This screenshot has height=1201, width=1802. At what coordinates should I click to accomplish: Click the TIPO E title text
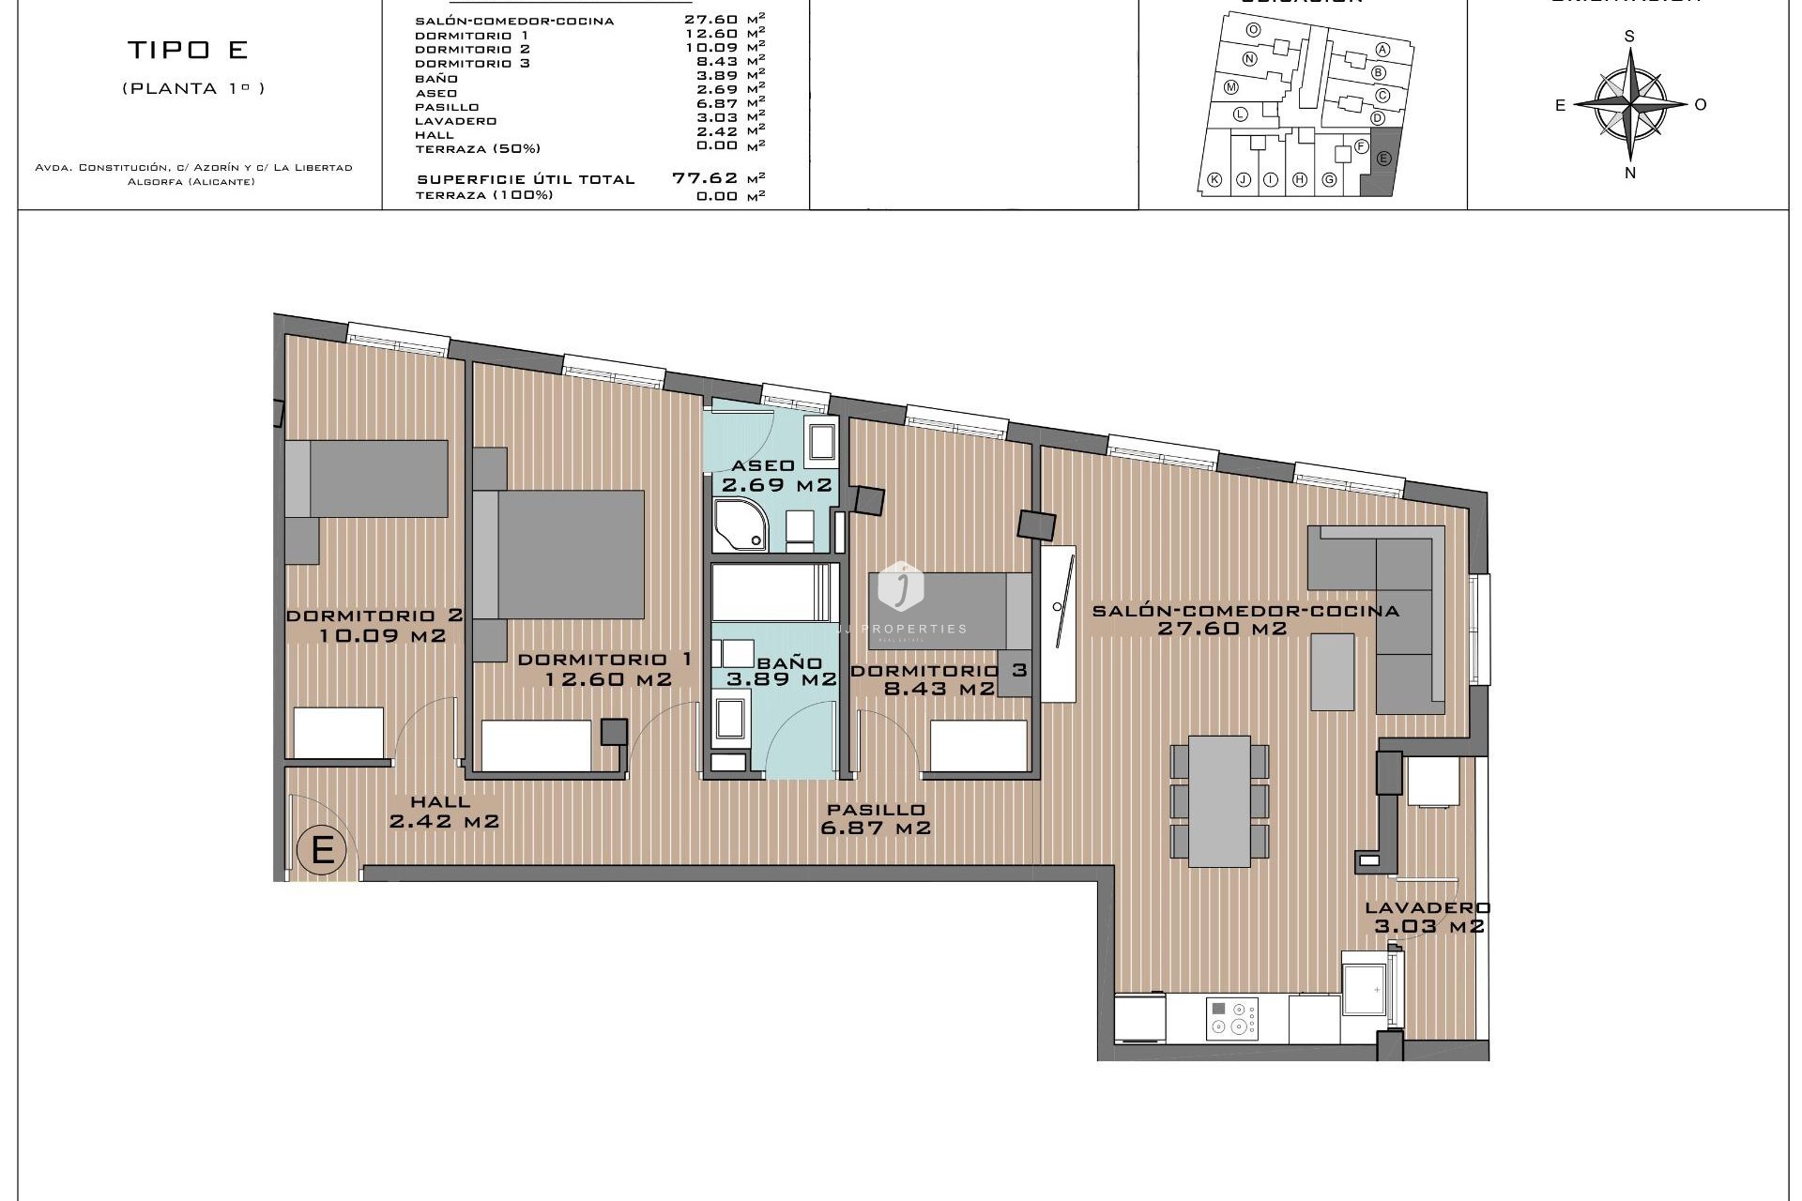187,50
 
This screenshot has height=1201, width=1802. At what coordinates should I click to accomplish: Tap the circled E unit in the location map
1382,159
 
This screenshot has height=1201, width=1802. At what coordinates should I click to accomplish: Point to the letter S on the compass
1629,37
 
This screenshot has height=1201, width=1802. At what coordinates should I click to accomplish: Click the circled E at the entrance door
322,850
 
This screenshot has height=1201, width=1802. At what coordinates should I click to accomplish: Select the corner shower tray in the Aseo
740,526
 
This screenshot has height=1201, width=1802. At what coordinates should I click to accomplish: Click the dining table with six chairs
1218,800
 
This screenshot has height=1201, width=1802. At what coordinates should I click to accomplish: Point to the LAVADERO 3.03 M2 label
1428,918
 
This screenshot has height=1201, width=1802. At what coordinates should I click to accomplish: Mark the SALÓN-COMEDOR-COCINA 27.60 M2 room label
1245,619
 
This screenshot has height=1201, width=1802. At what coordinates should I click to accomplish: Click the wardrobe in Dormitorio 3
978,746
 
